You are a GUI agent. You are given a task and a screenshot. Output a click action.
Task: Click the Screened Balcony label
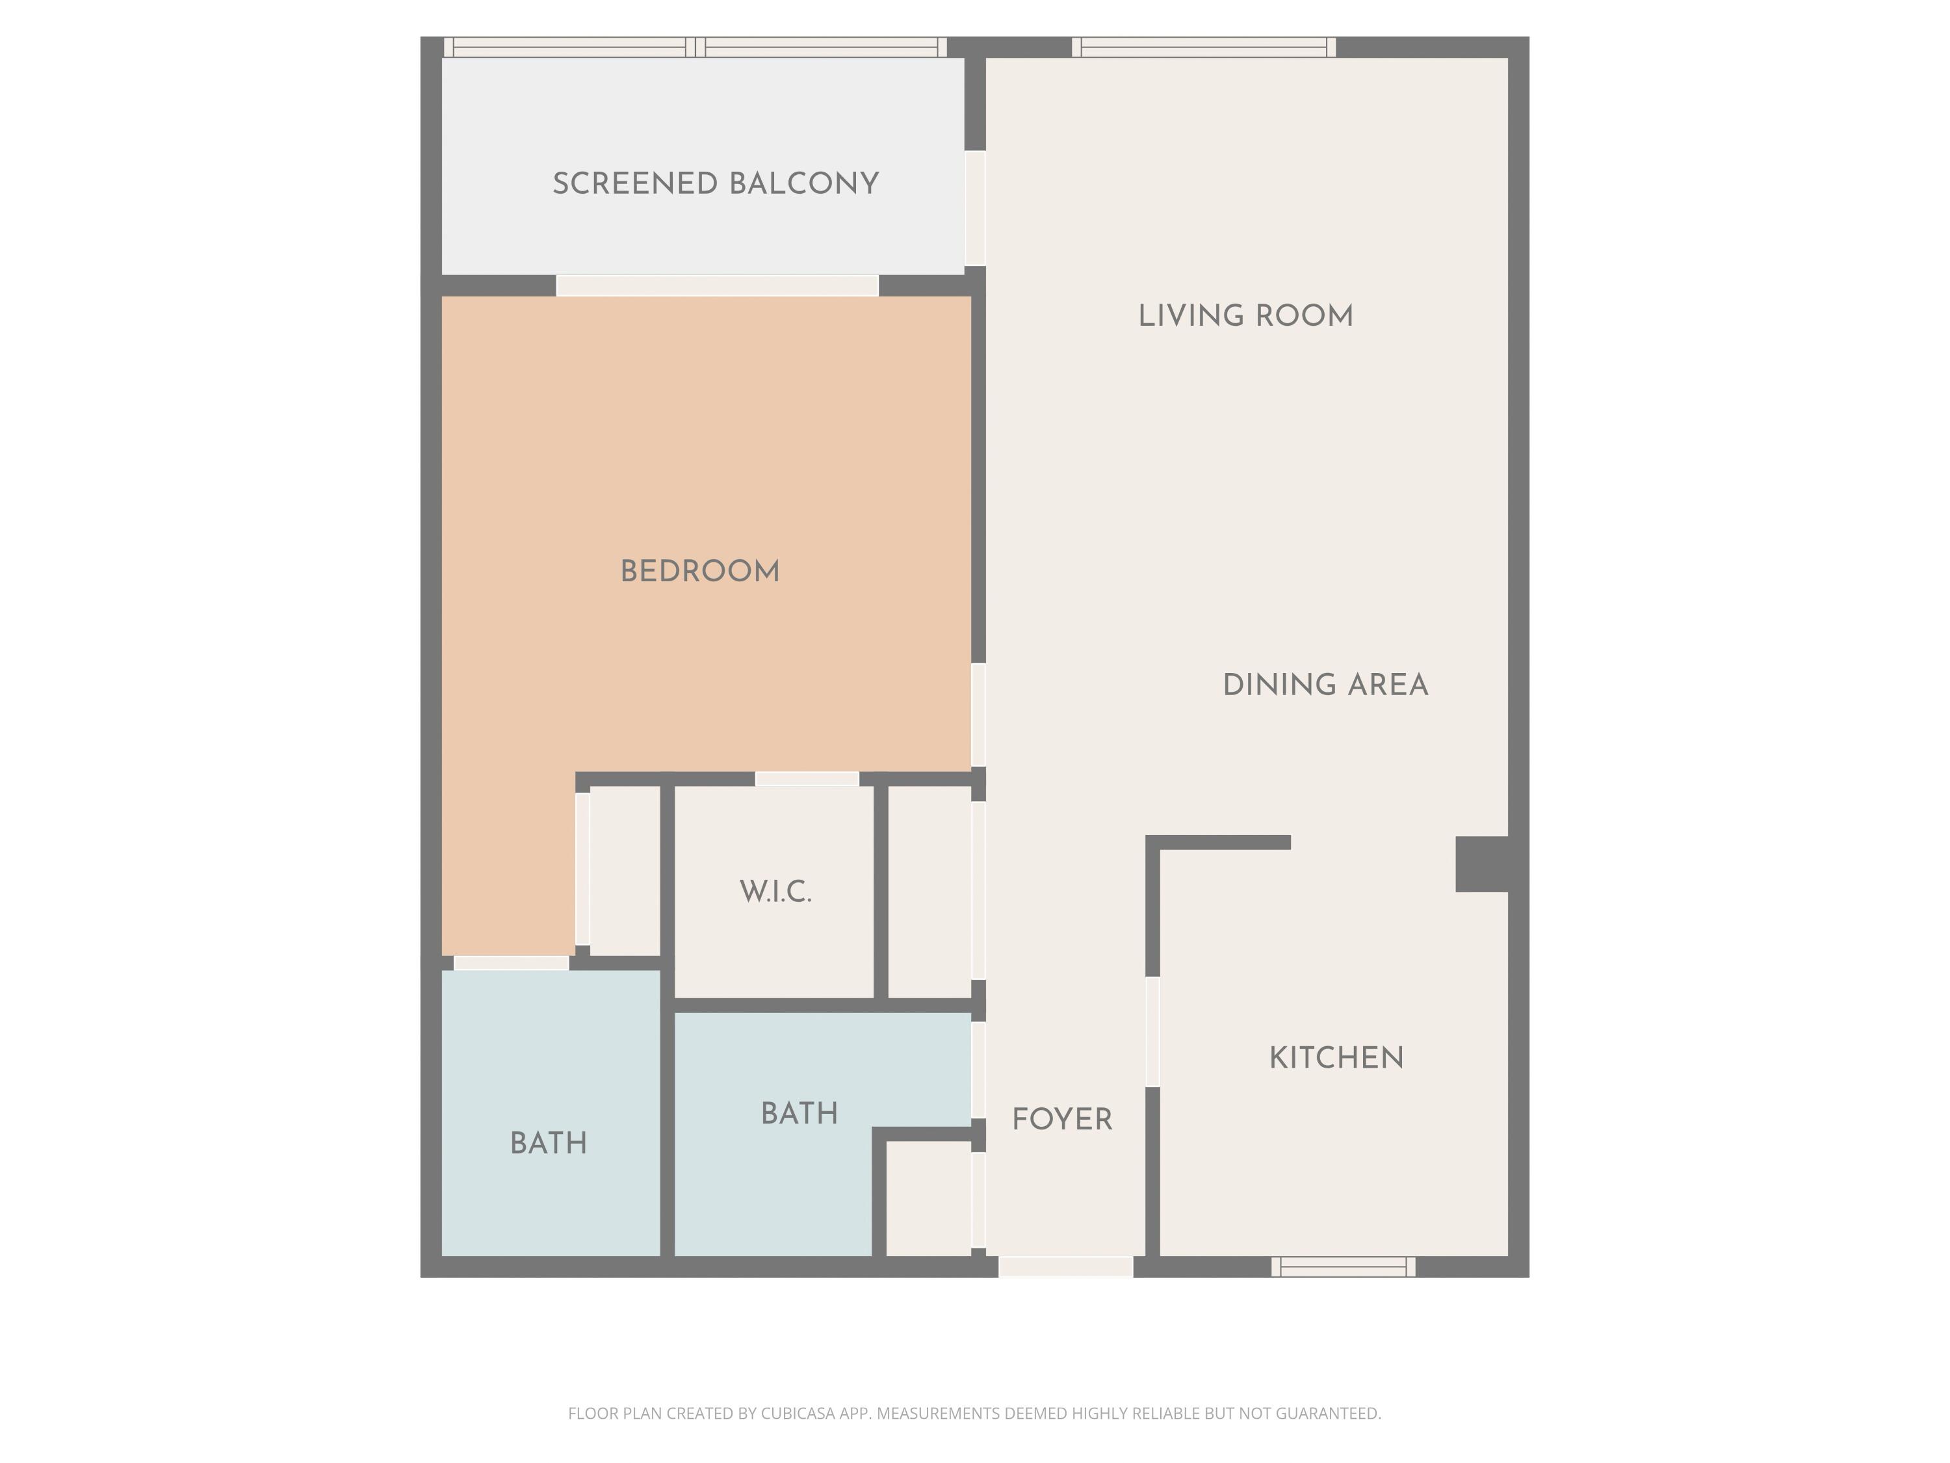coord(715,183)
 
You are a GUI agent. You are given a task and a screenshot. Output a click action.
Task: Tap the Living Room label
coord(1245,316)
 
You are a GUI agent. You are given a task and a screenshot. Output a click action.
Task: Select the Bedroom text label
coord(700,572)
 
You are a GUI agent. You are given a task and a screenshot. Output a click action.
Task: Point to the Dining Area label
coord(1325,685)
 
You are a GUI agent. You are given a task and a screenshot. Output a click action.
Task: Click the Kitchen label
coord(1336,1058)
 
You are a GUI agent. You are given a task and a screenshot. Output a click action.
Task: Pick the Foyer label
coord(1061,1120)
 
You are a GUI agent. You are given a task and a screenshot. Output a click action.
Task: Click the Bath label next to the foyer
coord(799,1114)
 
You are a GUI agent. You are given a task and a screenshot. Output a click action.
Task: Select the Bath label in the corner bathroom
coord(549,1144)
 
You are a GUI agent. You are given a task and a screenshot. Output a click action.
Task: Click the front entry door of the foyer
coord(1065,1267)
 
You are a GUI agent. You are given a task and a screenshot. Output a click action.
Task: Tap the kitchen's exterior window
coord(1343,1267)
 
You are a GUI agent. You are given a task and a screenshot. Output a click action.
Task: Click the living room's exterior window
coord(1203,47)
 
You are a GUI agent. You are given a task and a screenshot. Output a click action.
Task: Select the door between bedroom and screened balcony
coord(718,285)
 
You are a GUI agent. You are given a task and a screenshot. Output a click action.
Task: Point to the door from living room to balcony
coord(975,208)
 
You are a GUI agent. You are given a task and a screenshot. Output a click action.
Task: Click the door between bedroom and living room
coord(978,715)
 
